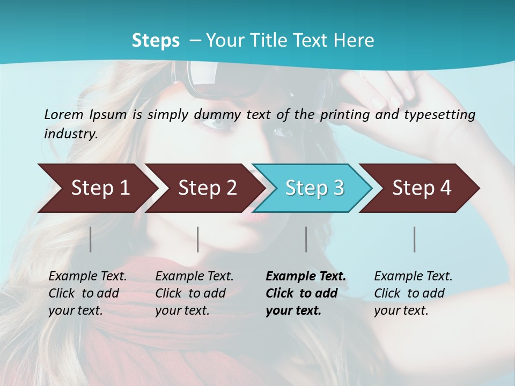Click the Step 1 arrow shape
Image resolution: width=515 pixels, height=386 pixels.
[97, 188]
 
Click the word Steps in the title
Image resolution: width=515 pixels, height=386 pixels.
[156, 41]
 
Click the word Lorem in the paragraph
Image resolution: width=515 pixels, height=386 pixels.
[63, 114]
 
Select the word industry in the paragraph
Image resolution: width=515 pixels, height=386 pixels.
[70, 134]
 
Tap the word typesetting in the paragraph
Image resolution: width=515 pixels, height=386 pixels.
[439, 115]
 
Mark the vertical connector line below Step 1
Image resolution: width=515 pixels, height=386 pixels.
[91, 239]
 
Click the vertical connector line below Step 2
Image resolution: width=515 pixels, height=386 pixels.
[198, 239]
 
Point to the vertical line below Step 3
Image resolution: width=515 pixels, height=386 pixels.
[306, 239]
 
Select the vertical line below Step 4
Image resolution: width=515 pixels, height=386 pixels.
[414, 239]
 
